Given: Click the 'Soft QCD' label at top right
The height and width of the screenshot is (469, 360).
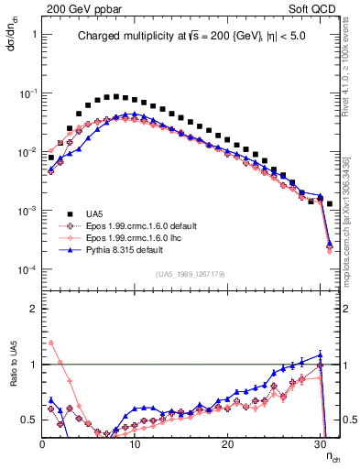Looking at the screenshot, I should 315,7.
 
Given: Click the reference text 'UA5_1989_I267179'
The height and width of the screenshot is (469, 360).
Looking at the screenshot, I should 191,274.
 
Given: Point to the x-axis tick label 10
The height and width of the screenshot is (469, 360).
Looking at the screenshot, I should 135,443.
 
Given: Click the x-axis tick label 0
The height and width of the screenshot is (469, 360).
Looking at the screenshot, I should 42,443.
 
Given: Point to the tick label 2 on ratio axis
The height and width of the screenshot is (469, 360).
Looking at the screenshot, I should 32,309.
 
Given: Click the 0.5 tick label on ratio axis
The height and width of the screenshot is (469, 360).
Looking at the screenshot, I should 28,420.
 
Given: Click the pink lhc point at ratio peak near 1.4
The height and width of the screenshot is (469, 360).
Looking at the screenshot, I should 51,344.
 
